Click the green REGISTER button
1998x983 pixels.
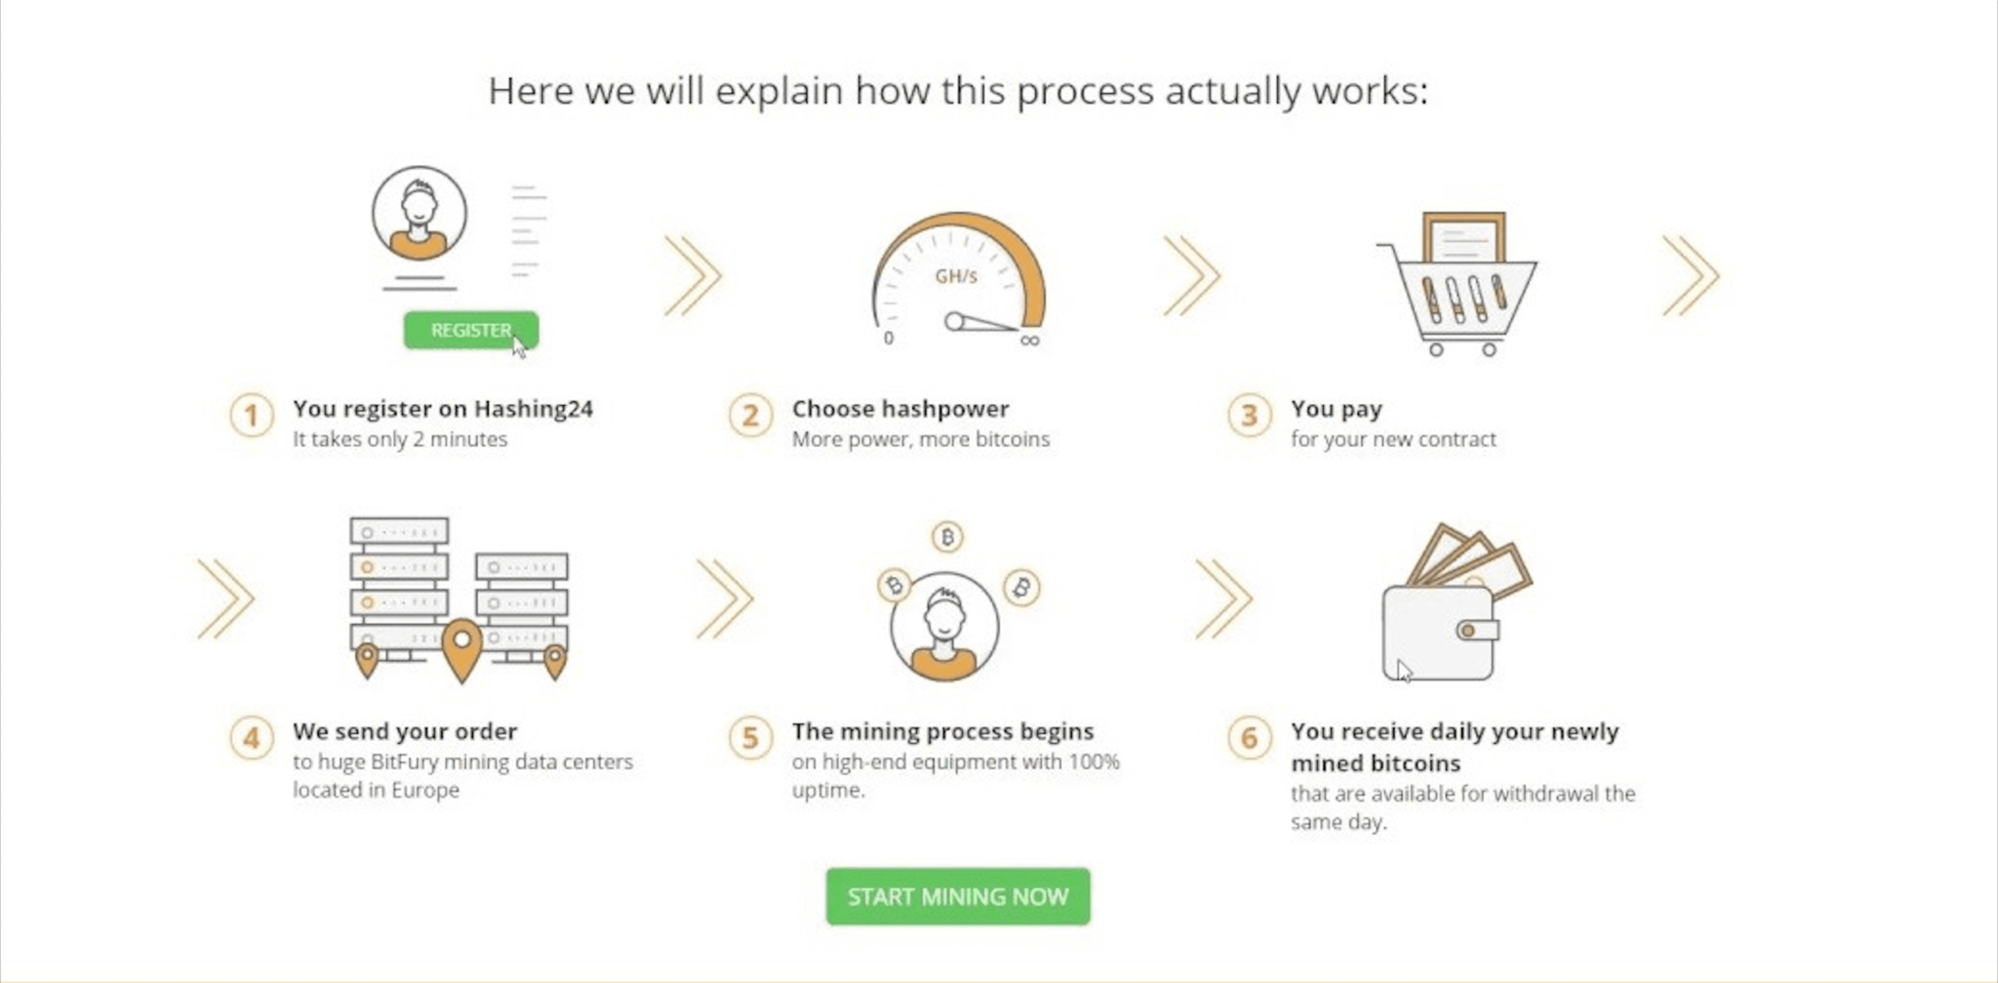tap(470, 330)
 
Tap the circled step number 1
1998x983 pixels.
tap(252, 415)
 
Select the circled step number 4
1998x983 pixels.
tap(252, 737)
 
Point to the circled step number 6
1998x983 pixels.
tap(1250, 737)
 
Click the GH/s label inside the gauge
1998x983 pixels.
tap(956, 276)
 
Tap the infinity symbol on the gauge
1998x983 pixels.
tap(1030, 340)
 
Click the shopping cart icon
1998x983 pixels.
tap(1457, 284)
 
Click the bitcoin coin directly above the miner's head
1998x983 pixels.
tap(947, 536)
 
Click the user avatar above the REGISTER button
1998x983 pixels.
tap(420, 213)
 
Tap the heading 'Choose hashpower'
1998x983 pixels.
tap(900, 409)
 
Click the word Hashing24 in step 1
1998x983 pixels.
tap(534, 409)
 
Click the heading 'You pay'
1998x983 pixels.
tap(1337, 409)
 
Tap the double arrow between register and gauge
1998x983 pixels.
tap(694, 276)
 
